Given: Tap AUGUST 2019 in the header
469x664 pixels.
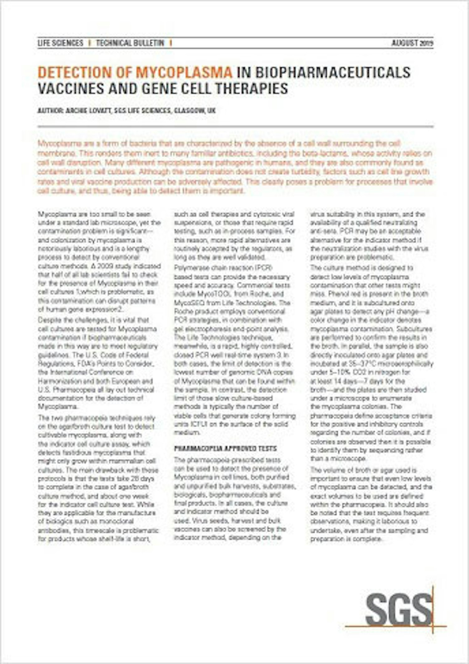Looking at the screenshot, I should tap(412, 43).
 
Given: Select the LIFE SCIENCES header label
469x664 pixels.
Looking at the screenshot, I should tap(60, 43).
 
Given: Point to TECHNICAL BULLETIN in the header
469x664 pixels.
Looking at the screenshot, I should tap(130, 43).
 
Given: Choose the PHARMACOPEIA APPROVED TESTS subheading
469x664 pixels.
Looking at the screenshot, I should tap(225, 448).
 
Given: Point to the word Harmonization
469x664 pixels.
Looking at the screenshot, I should tap(56, 381).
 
